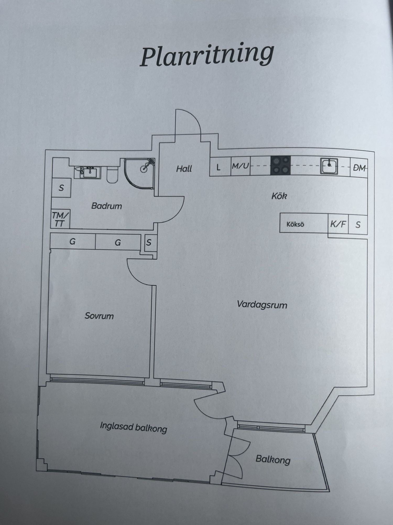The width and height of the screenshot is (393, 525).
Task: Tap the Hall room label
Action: (184, 169)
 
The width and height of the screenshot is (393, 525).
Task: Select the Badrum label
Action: (107, 206)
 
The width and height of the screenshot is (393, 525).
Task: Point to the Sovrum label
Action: (99, 316)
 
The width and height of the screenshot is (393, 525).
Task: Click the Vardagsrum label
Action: (262, 305)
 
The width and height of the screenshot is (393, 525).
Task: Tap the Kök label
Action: (279, 196)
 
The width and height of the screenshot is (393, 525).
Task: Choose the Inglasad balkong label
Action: (133, 427)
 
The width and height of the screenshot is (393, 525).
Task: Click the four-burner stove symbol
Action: (280, 165)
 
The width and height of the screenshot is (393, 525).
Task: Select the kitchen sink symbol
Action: (329, 166)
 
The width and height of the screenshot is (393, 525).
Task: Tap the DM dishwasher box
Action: (359, 168)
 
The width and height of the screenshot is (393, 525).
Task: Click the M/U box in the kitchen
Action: (240, 166)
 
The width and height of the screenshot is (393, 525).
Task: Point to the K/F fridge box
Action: (338, 224)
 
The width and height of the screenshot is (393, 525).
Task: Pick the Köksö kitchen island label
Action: (295, 224)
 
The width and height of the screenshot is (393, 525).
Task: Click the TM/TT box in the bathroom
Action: (61, 219)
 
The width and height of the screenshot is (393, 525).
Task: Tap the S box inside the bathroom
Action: (61, 188)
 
